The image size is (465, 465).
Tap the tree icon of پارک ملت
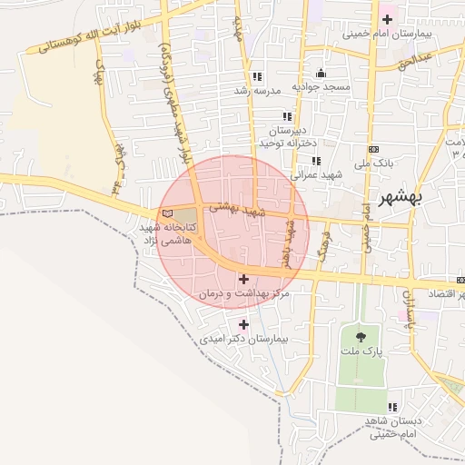(362, 336)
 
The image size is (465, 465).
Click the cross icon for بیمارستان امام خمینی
(388, 19)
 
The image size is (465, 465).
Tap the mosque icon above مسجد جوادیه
(320, 74)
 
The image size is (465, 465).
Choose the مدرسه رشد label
(253, 90)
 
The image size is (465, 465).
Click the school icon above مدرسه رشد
(257, 76)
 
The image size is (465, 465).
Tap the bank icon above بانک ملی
(373, 149)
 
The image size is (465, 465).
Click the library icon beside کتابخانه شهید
(165, 214)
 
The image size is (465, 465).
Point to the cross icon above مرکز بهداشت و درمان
(243, 279)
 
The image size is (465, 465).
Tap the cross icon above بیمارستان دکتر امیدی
(243, 323)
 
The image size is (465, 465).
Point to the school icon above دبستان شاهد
(392, 408)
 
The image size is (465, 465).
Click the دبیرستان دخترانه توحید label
(287, 137)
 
